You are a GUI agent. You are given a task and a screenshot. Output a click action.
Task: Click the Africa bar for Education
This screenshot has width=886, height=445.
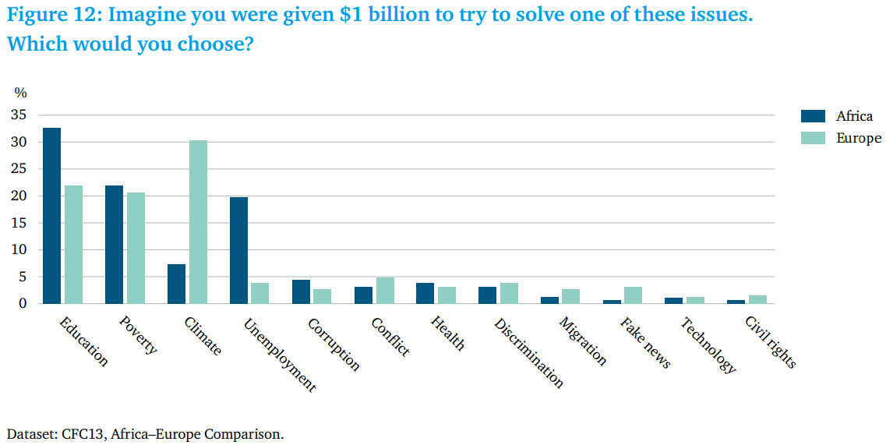click(52, 215)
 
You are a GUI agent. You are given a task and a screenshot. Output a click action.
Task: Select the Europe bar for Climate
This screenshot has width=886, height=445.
click(199, 221)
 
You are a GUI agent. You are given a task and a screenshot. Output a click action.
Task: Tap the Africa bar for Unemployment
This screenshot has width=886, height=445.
click(238, 250)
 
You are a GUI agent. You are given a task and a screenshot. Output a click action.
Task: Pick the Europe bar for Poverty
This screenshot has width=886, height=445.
click(136, 249)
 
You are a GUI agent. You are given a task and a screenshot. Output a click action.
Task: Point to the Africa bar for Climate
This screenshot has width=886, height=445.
click(176, 284)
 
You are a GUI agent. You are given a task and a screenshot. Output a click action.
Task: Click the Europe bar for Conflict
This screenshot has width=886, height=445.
click(386, 291)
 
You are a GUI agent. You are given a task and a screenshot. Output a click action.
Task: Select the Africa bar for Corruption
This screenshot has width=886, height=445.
click(301, 291)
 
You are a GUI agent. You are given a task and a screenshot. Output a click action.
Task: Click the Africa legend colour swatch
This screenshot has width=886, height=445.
click(813, 116)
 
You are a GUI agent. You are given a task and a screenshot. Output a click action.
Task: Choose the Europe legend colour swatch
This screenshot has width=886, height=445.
click(813, 138)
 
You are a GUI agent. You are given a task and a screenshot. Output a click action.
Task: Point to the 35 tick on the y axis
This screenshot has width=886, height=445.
click(19, 115)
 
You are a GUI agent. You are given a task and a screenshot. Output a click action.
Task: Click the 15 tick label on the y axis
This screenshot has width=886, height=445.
click(19, 223)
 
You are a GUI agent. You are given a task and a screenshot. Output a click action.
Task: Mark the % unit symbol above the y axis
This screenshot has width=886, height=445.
click(20, 93)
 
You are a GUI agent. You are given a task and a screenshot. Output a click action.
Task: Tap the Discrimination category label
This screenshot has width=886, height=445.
click(528, 352)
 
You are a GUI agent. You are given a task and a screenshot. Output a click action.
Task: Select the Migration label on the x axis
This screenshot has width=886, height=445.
click(583, 341)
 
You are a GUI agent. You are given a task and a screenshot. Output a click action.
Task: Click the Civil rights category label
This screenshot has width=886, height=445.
click(770, 342)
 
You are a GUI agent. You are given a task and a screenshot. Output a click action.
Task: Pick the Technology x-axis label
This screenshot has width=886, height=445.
click(708, 345)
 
